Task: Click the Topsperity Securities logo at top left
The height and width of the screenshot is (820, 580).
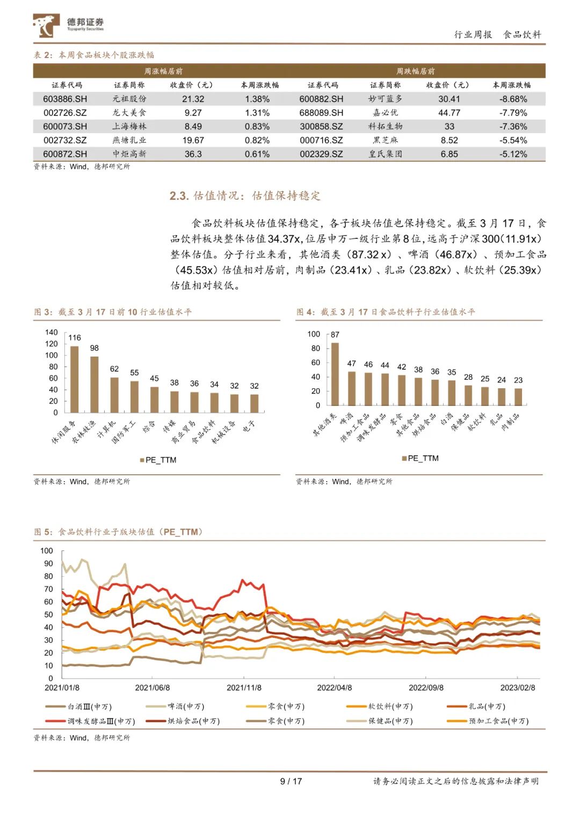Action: (68, 25)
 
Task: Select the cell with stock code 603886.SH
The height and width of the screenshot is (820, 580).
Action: (65, 99)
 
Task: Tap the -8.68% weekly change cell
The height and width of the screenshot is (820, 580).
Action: (513, 99)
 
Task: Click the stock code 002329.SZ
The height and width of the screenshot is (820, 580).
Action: (321, 154)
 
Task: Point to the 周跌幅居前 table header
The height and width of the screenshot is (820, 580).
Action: (415, 71)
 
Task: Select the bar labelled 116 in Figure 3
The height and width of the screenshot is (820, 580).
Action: (75, 379)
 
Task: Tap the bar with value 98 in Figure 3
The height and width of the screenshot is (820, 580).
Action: (95, 384)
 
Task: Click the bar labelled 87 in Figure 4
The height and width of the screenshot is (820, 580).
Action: (335, 374)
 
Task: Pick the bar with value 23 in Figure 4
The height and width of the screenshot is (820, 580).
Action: (518, 397)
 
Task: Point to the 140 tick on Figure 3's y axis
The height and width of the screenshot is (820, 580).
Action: (52, 332)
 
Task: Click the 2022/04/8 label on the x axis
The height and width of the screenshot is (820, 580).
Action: (334, 687)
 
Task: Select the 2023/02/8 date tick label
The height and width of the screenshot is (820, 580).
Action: (518, 687)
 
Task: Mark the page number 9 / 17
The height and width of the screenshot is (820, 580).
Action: (291, 781)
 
